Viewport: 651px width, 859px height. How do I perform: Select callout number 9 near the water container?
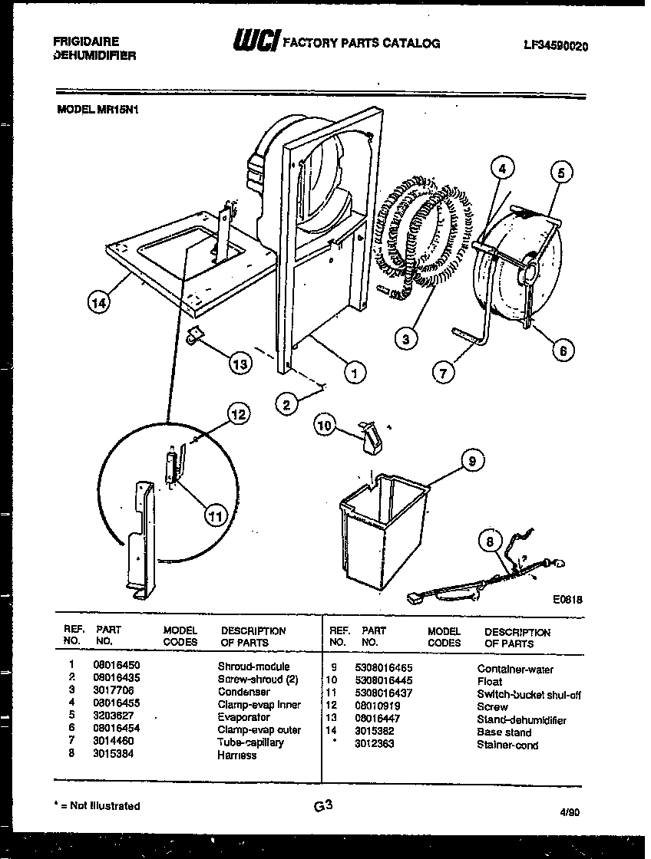pyautogui.click(x=472, y=461)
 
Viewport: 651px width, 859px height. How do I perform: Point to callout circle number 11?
pyautogui.click(x=216, y=517)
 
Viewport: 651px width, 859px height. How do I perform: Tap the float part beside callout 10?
pyautogui.click(x=372, y=435)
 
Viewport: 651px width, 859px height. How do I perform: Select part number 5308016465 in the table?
pyautogui.click(x=384, y=669)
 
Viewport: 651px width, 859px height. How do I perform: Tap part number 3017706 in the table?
pyautogui.click(x=111, y=692)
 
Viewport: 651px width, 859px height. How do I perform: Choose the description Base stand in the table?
pyautogui.click(x=504, y=732)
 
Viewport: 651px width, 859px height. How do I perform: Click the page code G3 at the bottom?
pyautogui.click(x=323, y=805)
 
